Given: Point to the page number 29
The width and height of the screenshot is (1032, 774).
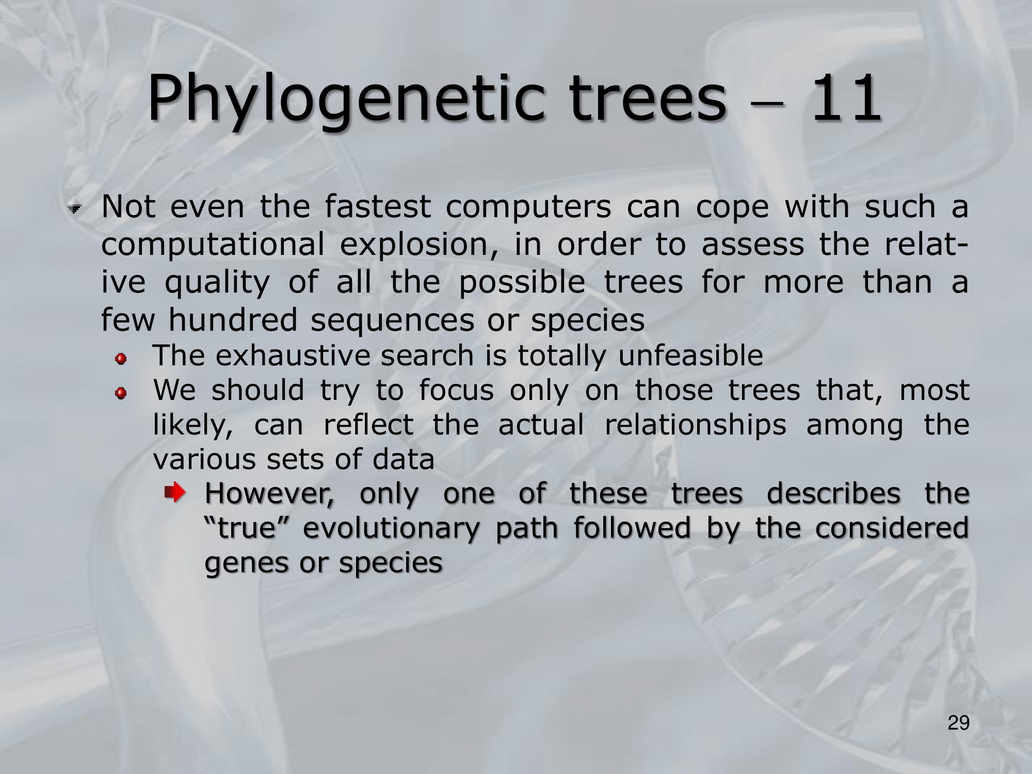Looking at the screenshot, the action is tap(959, 723).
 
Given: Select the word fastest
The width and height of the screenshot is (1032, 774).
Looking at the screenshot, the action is tap(378, 206).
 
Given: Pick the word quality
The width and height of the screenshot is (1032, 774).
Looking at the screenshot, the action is tap(217, 283).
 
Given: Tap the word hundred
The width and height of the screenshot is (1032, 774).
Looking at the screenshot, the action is tap(233, 319).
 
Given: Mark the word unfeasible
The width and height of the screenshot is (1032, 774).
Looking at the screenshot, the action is tap(690, 356).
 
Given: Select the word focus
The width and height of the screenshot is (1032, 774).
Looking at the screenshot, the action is tap(456, 390).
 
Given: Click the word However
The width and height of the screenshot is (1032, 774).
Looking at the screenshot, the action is tap(269, 494).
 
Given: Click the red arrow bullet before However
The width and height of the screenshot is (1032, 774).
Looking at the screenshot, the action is tap(175, 492).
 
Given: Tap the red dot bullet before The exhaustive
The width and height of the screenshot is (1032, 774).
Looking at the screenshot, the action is tap(121, 359).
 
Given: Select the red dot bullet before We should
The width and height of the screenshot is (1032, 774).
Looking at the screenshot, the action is tap(121, 394).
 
